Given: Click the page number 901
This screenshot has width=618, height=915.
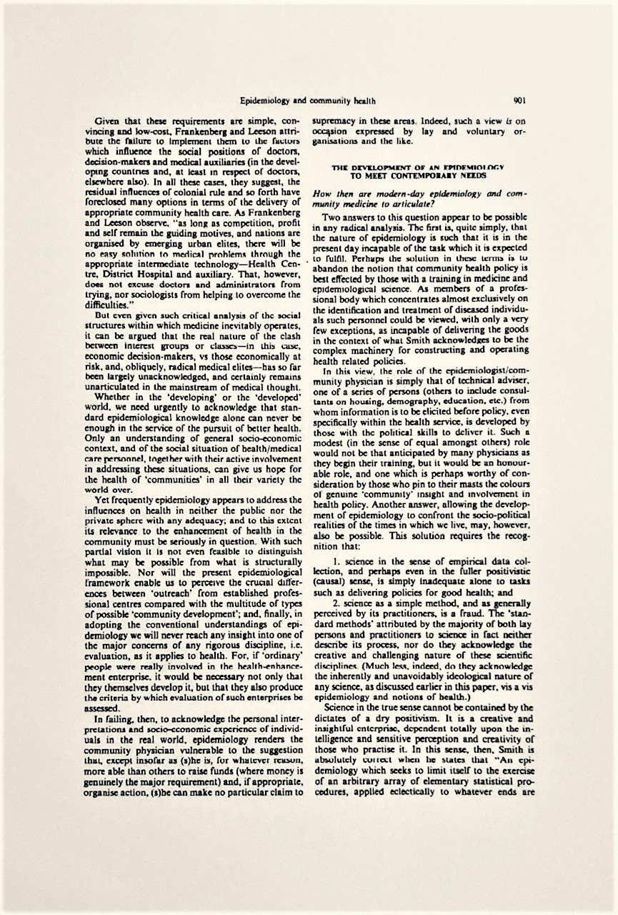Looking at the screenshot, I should point(519,100).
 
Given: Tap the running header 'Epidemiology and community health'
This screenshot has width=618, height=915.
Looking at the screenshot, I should point(308,101).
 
